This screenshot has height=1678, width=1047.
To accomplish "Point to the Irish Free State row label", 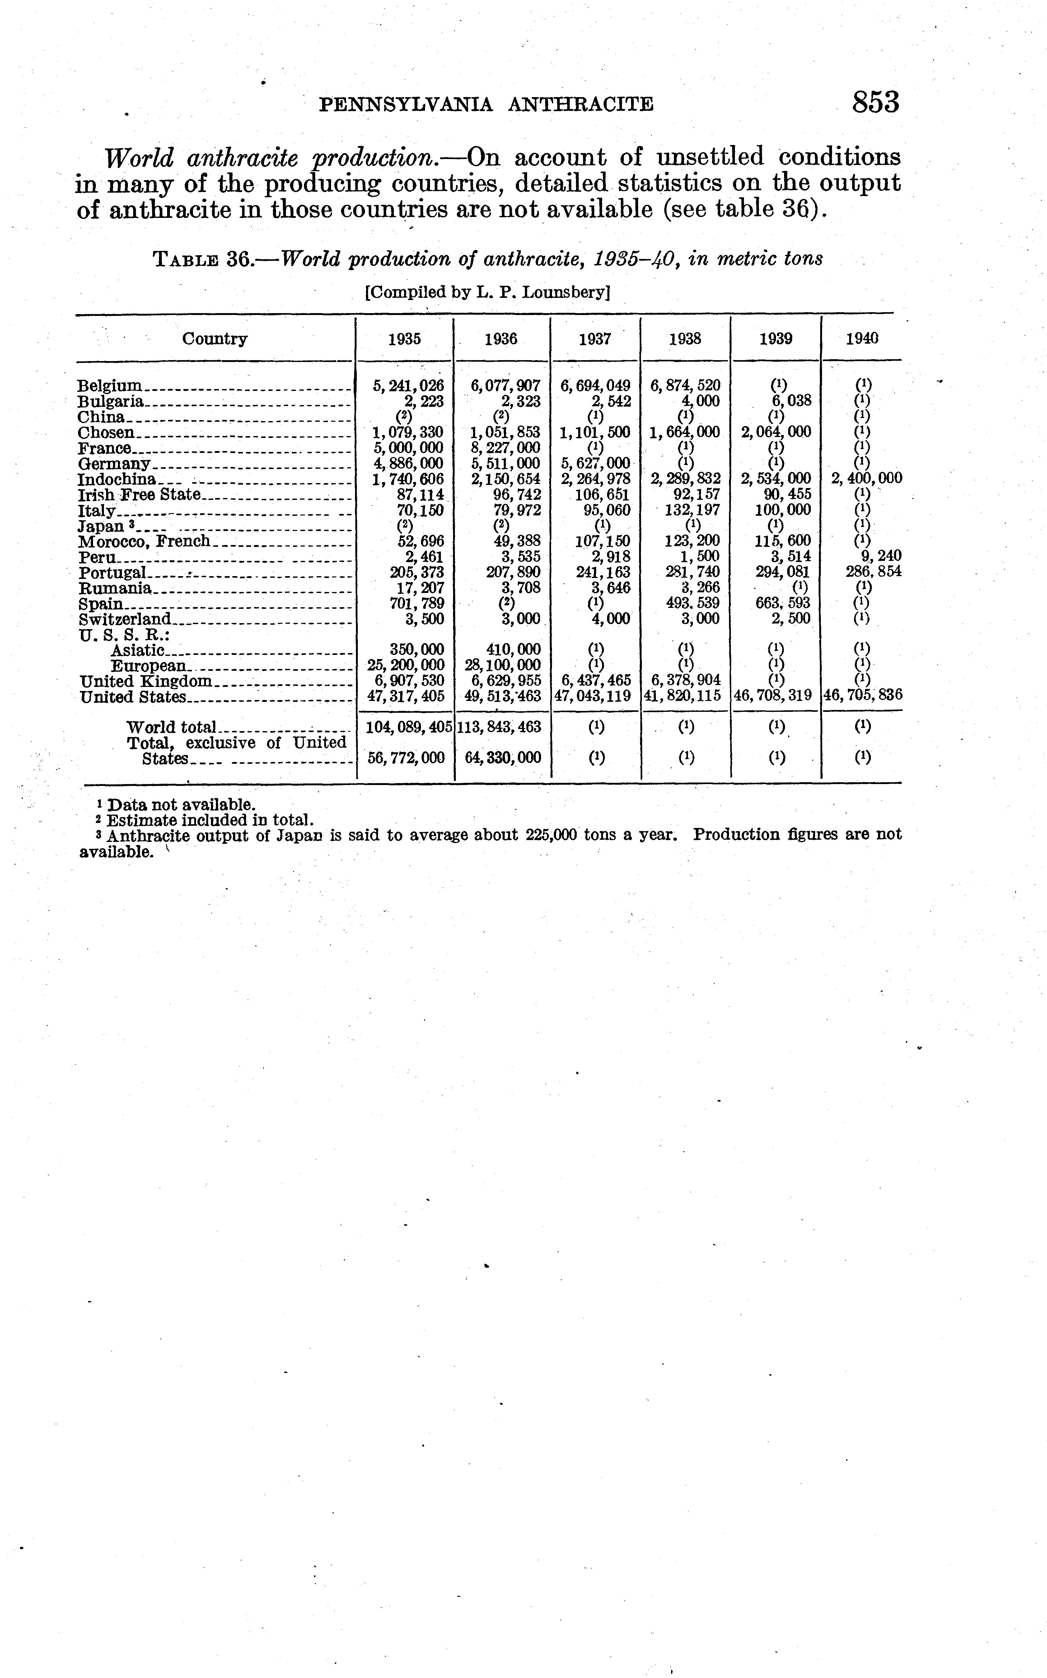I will pos(138,495).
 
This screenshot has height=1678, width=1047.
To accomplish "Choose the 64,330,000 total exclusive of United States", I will pos(503,758).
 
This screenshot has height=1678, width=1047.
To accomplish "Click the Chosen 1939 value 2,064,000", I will pos(776,432).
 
